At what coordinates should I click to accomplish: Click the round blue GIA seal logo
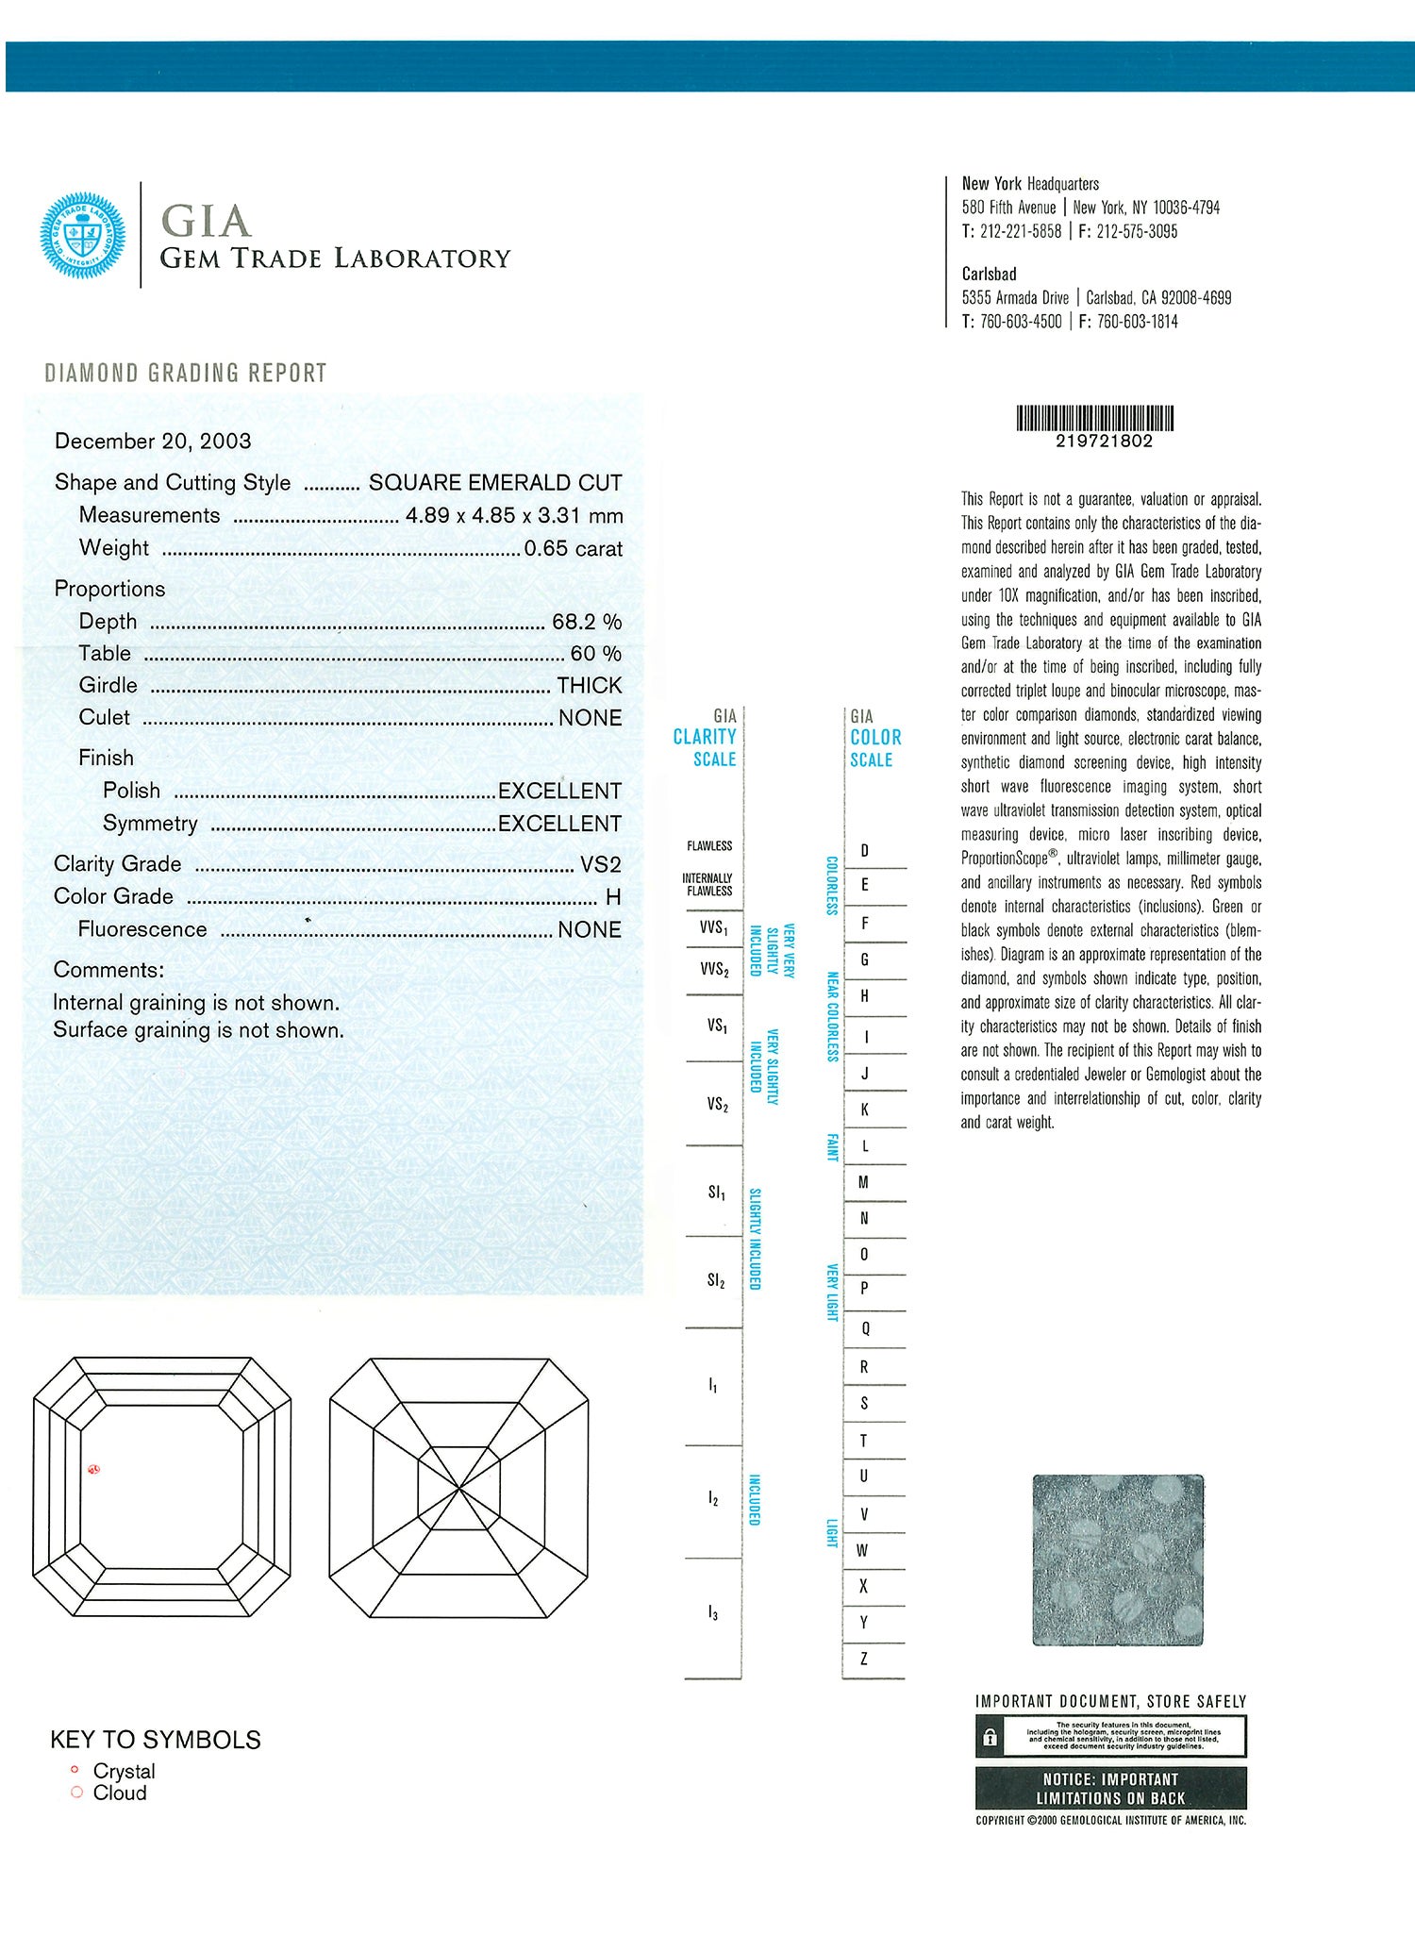82,236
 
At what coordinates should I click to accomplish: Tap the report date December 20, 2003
153,442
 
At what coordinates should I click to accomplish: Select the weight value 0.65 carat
573,548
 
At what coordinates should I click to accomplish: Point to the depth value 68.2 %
586,622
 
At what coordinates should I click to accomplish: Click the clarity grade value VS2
600,864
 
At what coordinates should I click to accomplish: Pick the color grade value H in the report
613,897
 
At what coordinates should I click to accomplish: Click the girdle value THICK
589,686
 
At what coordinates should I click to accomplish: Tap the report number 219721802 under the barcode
1104,442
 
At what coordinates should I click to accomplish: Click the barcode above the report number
1094,418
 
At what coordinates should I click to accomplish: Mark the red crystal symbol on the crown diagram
93,1469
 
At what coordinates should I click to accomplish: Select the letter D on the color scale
864,850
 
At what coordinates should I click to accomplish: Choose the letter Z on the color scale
864,1660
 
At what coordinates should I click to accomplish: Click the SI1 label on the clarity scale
717,1193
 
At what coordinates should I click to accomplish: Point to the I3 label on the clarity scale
713,1614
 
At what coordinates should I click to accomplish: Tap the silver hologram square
1118,1560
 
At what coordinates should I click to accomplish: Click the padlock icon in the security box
990,1737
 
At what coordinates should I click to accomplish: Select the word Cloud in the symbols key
120,1793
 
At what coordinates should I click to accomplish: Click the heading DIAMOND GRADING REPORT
186,374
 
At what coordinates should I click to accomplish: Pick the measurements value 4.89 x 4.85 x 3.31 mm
514,516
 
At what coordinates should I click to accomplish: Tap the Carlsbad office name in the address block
989,275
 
